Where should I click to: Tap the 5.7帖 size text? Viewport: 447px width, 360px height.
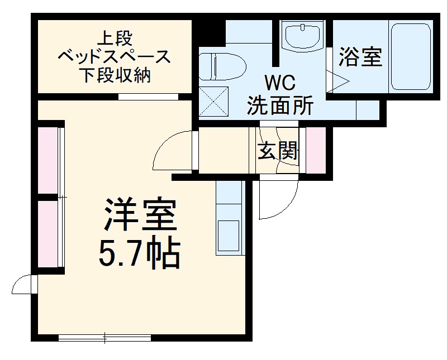(140, 255)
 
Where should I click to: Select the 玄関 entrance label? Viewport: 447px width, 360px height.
(278, 151)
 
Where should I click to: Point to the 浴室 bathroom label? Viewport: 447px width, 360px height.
(360, 57)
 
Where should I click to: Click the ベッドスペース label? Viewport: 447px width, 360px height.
(115, 56)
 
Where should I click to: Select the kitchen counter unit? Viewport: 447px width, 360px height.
(229, 218)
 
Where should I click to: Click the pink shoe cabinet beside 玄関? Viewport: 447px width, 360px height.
(315, 151)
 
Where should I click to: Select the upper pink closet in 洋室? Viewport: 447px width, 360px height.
(49, 161)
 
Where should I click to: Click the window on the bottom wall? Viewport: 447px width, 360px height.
(105, 337)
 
